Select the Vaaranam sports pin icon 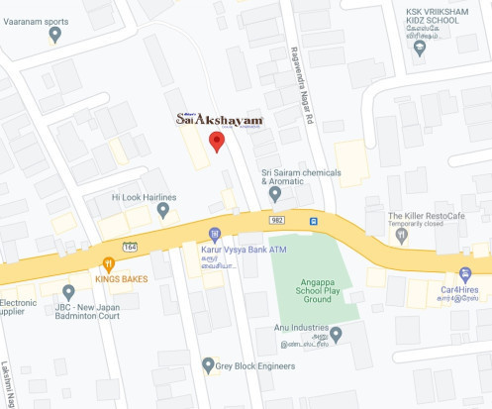tap(54, 35)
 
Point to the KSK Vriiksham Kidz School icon tap(420, 47)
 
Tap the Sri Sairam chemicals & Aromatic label tap(301, 176)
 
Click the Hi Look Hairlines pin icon tap(163, 210)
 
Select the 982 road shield tap(276, 219)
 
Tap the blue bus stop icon tap(314, 221)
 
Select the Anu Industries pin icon tap(337, 334)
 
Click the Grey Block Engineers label tap(254, 365)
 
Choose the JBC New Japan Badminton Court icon tap(68, 292)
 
